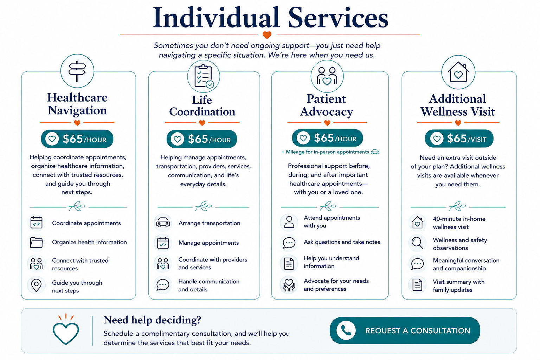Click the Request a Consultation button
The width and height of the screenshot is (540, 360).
405,330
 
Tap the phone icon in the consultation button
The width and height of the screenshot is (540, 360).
346,330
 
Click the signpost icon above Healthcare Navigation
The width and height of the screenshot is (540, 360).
77,71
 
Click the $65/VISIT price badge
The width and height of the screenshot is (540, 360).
459,139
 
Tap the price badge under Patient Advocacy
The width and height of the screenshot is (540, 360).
327,138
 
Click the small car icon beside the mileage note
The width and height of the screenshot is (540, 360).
375,152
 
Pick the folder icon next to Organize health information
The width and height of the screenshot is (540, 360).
37,242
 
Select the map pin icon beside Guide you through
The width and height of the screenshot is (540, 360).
37,285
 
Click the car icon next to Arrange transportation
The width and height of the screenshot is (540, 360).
163,223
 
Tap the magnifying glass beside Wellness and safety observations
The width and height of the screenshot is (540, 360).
417,243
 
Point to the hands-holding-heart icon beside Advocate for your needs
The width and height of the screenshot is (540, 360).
289,285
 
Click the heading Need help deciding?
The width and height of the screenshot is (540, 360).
152,320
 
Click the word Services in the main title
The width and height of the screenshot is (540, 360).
338,18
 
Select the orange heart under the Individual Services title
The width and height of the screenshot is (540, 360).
267,35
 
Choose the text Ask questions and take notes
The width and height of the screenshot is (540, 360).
342,242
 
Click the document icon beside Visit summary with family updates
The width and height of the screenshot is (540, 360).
417,285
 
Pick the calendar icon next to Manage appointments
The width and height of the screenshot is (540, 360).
163,243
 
